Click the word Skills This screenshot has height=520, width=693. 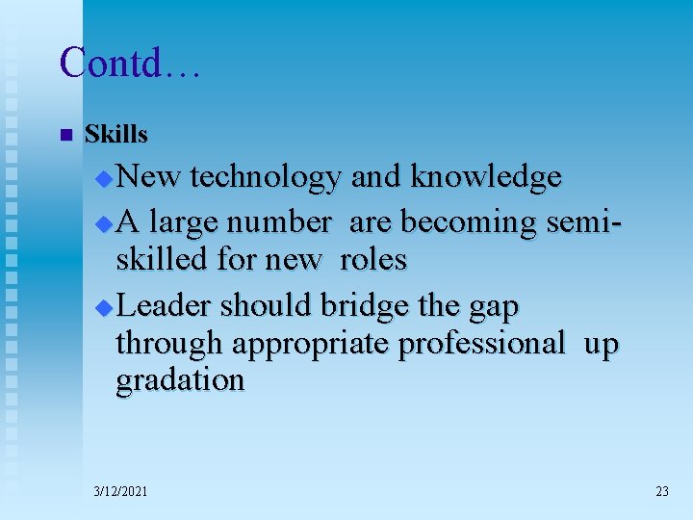click(116, 135)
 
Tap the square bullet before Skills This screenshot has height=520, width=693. click(65, 135)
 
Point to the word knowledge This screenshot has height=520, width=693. click(486, 177)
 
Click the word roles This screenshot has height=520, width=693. click(373, 259)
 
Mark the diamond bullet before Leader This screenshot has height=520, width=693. click(106, 308)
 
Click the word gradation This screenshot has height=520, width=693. click(180, 380)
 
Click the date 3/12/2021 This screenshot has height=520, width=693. click(121, 491)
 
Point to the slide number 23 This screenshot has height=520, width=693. click(661, 491)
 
